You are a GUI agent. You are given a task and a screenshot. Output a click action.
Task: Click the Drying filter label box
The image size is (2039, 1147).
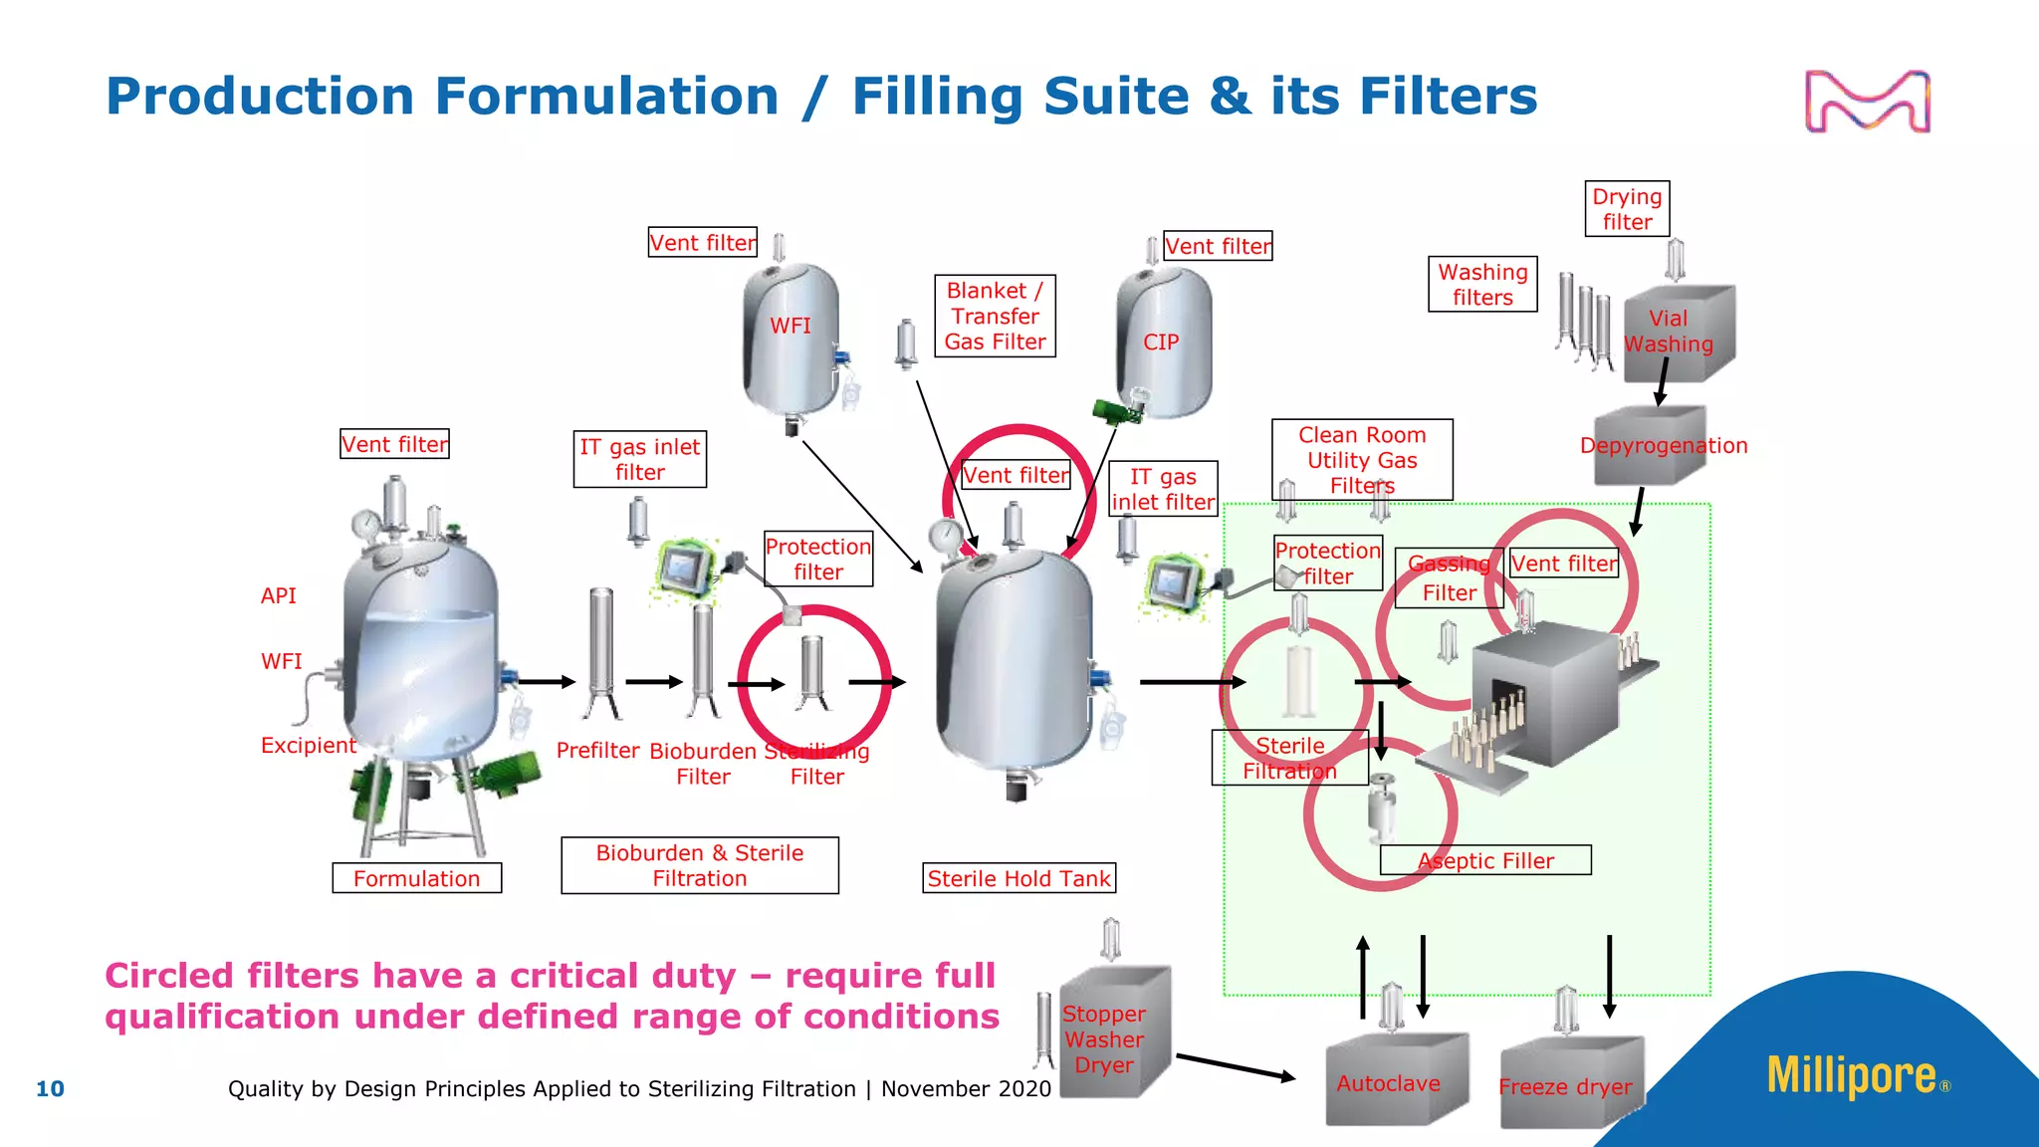point(1627,209)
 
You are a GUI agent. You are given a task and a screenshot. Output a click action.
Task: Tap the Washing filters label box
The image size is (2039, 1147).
point(1482,285)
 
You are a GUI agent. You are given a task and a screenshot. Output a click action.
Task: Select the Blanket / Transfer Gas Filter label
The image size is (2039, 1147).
point(995,317)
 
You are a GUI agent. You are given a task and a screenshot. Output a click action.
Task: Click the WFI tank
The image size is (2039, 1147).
point(792,339)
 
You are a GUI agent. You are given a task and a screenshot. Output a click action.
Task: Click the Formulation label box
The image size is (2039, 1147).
point(416,878)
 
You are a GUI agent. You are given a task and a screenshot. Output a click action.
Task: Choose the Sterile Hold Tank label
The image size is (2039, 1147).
point(1019,878)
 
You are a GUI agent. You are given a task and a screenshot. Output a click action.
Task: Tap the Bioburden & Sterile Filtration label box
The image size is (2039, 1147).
point(699,865)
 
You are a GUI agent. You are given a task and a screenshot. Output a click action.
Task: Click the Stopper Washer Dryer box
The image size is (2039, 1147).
point(1111,1035)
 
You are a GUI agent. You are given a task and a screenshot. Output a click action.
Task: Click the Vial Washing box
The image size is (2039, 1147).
point(1678,333)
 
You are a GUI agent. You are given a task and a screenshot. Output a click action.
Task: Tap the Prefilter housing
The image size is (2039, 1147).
point(601,652)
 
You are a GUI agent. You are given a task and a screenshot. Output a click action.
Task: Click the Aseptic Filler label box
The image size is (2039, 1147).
point(1485,860)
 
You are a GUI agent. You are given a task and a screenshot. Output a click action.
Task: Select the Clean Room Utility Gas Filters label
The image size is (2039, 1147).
point(1361,460)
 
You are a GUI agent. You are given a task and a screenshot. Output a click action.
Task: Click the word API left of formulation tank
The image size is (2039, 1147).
point(278,595)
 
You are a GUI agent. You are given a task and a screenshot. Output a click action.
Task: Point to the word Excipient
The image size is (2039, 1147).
point(308,745)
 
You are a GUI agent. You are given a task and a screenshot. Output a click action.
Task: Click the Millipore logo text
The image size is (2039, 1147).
point(1851,1076)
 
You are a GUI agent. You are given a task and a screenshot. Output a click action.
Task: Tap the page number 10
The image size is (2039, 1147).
point(50,1089)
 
